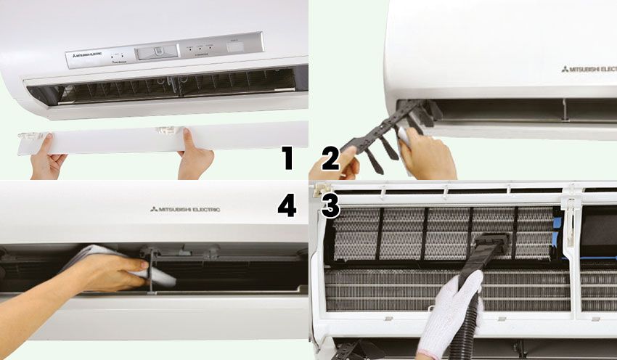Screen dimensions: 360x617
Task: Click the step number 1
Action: coord(288,157)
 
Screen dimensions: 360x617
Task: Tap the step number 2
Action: coord(330,157)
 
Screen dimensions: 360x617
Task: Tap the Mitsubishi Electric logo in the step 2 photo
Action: coord(588,70)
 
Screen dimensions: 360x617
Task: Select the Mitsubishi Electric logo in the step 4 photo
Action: coord(185,209)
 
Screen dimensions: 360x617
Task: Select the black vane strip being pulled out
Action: coord(381,138)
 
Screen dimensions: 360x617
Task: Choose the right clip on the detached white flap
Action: coord(168,131)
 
